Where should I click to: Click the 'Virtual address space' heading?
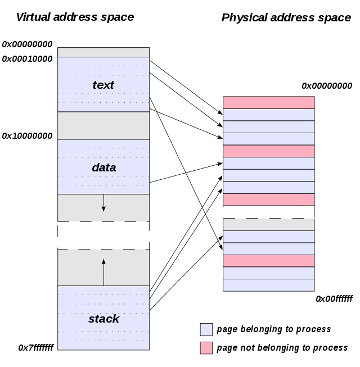[75, 17]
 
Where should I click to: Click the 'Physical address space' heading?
[286, 17]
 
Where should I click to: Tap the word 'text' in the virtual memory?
[103, 85]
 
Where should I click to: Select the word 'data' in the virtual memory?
[103, 167]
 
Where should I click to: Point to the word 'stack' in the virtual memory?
[103, 319]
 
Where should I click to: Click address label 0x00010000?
[27, 59]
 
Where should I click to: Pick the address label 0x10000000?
[27, 136]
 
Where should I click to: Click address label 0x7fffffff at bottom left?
[36, 348]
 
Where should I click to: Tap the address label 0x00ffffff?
[334, 299]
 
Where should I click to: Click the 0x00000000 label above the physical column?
[327, 86]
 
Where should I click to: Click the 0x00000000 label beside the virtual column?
[27, 44]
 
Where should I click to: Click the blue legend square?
[206, 329]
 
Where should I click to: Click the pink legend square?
[206, 348]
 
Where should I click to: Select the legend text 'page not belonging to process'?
[282, 348]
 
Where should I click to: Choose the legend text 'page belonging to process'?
[273, 329]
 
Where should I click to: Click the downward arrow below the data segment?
[103, 203]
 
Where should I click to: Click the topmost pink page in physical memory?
[268, 102]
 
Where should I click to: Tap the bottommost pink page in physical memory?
[268, 261]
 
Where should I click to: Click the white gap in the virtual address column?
[103, 235]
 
